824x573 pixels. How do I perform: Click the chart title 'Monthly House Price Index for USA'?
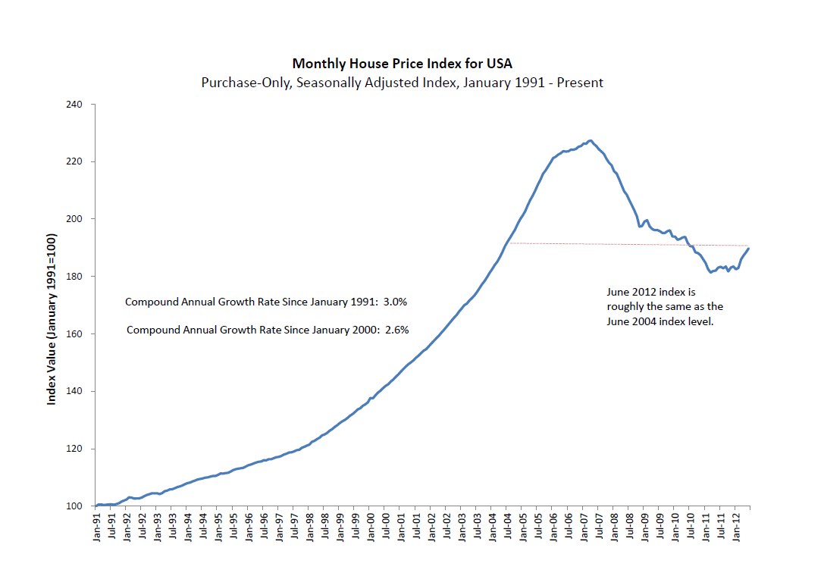[x=396, y=63]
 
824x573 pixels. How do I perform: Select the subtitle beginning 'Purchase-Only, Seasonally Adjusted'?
[x=402, y=82]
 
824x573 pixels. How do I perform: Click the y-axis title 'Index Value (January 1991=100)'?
[x=52, y=319]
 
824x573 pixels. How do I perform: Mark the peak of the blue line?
[x=591, y=140]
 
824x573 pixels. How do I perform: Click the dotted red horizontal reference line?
[x=606, y=244]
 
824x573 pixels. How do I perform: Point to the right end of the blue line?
[x=749, y=249]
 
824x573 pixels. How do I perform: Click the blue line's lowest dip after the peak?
[x=710, y=272]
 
